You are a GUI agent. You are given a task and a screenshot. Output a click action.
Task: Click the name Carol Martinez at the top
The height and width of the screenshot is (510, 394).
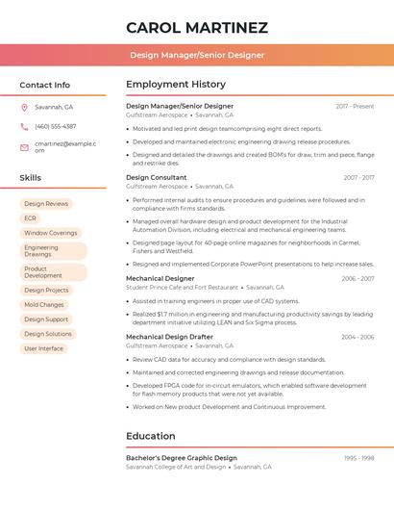(197, 27)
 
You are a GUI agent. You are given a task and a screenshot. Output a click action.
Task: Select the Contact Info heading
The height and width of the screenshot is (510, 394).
(44, 85)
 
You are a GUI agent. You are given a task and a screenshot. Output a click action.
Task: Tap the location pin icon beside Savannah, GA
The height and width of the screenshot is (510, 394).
(24, 107)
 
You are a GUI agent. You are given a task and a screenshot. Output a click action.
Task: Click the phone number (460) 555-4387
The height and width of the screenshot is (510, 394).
(56, 126)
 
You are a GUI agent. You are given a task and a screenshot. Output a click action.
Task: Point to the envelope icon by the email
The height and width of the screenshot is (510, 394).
(24, 146)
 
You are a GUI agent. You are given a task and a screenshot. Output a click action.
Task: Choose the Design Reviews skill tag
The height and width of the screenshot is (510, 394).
(46, 204)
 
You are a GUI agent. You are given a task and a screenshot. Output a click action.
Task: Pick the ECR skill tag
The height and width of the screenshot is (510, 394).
(31, 218)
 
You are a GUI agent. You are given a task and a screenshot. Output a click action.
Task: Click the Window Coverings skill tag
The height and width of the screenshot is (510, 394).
(51, 233)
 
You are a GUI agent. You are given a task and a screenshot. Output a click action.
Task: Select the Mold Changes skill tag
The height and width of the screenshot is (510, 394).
(44, 305)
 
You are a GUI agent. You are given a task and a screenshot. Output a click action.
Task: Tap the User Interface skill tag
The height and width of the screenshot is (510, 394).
(44, 348)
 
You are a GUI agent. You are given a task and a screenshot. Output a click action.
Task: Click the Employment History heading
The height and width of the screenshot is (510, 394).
(176, 85)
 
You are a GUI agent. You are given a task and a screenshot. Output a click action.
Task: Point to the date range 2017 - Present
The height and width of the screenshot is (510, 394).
(355, 106)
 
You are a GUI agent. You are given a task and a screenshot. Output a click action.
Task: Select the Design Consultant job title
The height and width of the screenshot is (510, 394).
(157, 177)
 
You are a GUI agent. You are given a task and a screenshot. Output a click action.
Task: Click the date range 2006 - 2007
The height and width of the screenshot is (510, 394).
(357, 278)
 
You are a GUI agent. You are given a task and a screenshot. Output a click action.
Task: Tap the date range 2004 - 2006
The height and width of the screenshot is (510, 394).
(357, 337)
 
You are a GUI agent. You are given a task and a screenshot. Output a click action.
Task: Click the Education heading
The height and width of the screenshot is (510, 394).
(150, 436)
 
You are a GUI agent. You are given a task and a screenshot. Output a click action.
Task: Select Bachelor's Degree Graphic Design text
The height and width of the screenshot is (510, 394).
(182, 458)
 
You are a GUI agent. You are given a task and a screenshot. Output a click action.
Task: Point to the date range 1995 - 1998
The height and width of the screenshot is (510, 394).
(358, 458)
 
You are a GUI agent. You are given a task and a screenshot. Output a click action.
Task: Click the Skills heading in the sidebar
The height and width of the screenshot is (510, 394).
(31, 178)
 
